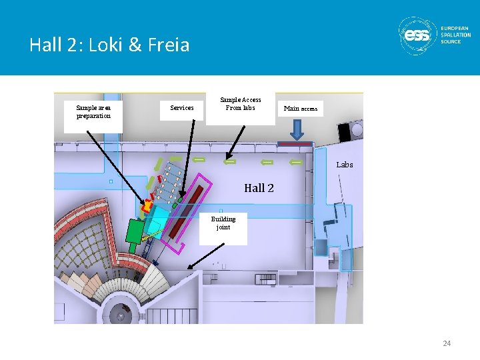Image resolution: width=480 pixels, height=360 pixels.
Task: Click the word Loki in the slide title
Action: point(115,45)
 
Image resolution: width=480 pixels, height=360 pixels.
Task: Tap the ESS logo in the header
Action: point(417,35)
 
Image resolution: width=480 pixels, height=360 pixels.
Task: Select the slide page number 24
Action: point(447,343)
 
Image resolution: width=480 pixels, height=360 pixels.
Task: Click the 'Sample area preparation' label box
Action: point(93,111)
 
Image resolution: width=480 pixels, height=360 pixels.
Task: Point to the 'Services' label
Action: point(182,107)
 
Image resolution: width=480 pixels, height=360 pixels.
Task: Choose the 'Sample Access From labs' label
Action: point(241,104)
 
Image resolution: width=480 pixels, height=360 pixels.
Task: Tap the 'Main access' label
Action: point(301,108)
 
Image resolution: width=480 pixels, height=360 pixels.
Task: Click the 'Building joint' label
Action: point(223,223)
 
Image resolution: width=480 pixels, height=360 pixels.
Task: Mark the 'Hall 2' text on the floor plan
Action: point(259,188)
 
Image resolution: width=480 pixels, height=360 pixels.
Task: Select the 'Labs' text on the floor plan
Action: point(345,164)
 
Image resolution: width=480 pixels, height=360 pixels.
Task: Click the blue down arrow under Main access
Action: point(297,134)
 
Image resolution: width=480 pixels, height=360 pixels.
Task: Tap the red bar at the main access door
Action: point(295,143)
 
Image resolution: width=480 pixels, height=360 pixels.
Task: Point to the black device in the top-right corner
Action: point(347,131)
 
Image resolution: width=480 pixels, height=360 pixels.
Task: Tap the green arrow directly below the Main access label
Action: point(296,162)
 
